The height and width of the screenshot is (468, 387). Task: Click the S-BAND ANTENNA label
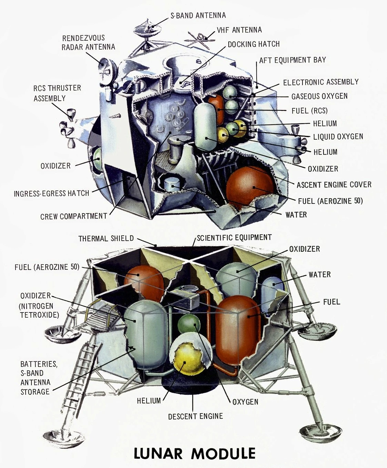click(198, 16)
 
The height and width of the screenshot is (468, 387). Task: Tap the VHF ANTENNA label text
click(239, 30)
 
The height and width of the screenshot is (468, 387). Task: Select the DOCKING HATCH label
click(253, 44)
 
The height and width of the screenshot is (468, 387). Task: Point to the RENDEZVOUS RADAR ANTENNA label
click(88, 42)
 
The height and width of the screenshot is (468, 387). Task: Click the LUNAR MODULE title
click(195, 453)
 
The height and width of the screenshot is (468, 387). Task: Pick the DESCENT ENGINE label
click(195, 416)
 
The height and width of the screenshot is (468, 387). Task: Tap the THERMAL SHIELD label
click(106, 238)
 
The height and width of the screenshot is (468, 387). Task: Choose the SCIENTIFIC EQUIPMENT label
click(234, 238)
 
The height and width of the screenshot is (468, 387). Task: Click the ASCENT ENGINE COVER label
click(334, 185)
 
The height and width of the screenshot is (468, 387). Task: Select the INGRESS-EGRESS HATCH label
click(51, 193)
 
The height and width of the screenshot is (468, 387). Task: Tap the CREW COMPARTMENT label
click(73, 216)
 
